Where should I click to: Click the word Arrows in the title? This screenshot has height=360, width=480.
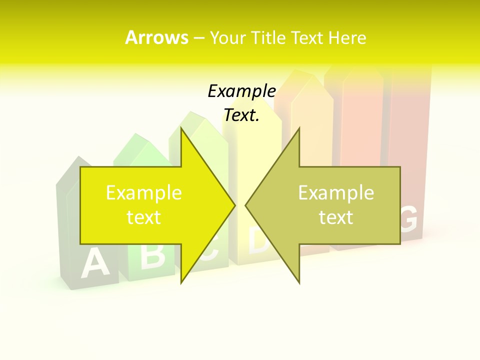click(x=156, y=37)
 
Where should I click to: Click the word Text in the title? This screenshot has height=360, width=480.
click(x=308, y=38)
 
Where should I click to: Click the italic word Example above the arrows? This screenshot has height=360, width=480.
click(x=241, y=91)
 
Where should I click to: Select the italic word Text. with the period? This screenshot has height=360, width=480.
click(x=241, y=115)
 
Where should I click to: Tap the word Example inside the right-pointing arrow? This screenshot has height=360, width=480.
click(x=144, y=193)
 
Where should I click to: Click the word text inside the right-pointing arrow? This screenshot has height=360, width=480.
click(x=144, y=217)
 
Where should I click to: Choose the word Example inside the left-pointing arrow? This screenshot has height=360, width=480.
click(x=336, y=193)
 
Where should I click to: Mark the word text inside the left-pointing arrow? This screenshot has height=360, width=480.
click(x=336, y=217)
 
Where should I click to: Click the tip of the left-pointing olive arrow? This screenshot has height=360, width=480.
click(x=246, y=205)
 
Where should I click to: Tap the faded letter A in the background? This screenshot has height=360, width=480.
click(x=95, y=263)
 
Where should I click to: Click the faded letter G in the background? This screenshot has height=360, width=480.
click(x=409, y=220)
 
